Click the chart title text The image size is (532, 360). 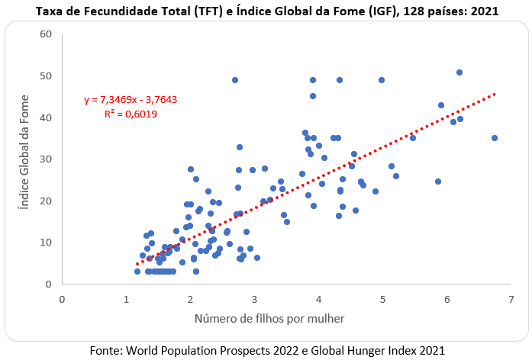tap(267, 11)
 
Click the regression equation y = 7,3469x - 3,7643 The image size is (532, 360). tap(131, 100)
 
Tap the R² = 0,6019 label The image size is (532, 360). tap(131, 114)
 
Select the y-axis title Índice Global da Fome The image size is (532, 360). tap(24, 153)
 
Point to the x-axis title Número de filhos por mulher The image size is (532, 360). tap(269, 319)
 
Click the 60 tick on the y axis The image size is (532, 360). tap(46, 34)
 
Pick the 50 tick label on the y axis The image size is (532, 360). tap(46, 76)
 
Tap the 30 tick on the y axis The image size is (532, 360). tap(46, 159)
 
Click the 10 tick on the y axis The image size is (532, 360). tap(46, 242)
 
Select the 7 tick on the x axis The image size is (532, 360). tap(511, 300)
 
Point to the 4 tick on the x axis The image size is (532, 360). tap(318, 300)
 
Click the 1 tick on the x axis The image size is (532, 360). tap(126, 300)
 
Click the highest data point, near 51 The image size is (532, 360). tap(459, 72)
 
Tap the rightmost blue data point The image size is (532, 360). tap(495, 138)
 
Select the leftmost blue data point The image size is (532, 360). tap(137, 272)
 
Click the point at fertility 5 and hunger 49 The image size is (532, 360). tap(382, 80)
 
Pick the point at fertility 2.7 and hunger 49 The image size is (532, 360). tap(235, 80)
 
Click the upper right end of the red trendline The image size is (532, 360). tap(495, 94)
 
